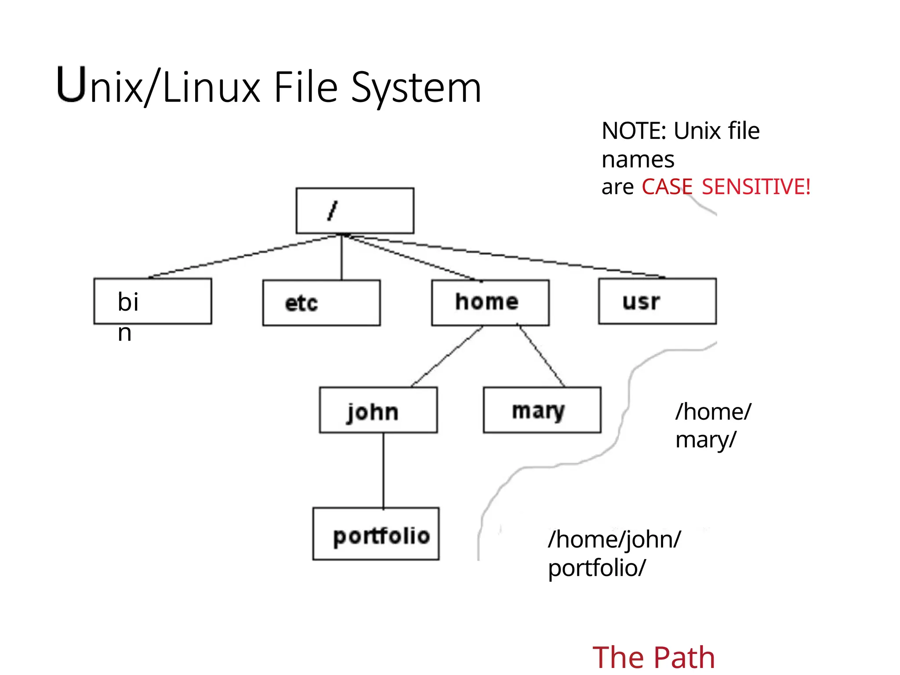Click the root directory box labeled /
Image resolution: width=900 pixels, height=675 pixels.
[x=355, y=210]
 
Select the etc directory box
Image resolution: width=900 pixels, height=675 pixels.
[x=321, y=303]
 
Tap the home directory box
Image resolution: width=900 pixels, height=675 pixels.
[x=490, y=303]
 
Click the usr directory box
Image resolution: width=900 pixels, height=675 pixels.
[x=657, y=301]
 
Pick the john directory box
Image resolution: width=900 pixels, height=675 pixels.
[x=378, y=410]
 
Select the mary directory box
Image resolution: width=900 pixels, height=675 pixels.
[x=542, y=410]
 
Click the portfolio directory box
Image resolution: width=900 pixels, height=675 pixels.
[x=376, y=534]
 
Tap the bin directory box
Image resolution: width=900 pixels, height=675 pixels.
[x=152, y=301]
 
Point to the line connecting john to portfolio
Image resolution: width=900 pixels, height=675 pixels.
[x=383, y=470]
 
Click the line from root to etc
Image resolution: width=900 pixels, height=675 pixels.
[x=341, y=257]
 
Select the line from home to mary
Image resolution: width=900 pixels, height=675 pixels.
[x=541, y=356]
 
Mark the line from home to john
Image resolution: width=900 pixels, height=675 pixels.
[x=447, y=356]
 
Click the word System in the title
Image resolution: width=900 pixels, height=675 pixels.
[x=416, y=88]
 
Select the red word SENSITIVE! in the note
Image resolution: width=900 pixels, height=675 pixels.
[x=756, y=187]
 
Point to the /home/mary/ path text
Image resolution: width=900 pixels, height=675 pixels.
[x=713, y=425]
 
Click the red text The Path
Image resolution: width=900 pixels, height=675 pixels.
[x=653, y=658]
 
